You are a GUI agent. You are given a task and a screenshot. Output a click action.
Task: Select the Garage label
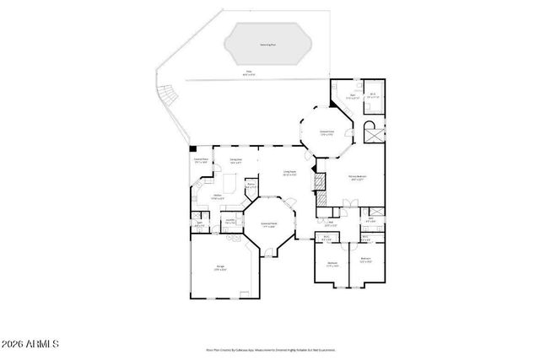[219, 269]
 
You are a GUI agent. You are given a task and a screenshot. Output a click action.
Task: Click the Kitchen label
[216, 196]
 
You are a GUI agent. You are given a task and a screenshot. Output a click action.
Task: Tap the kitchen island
[228, 182]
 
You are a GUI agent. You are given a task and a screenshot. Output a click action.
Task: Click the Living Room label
[289, 175]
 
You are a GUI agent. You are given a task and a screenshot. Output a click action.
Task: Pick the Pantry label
[251, 185]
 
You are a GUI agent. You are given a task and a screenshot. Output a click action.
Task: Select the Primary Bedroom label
[356, 178]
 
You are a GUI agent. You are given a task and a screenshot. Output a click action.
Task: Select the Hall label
[330, 224]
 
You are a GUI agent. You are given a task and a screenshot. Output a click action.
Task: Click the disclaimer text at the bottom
[270, 347]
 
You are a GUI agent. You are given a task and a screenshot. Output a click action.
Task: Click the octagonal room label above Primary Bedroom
[326, 132]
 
